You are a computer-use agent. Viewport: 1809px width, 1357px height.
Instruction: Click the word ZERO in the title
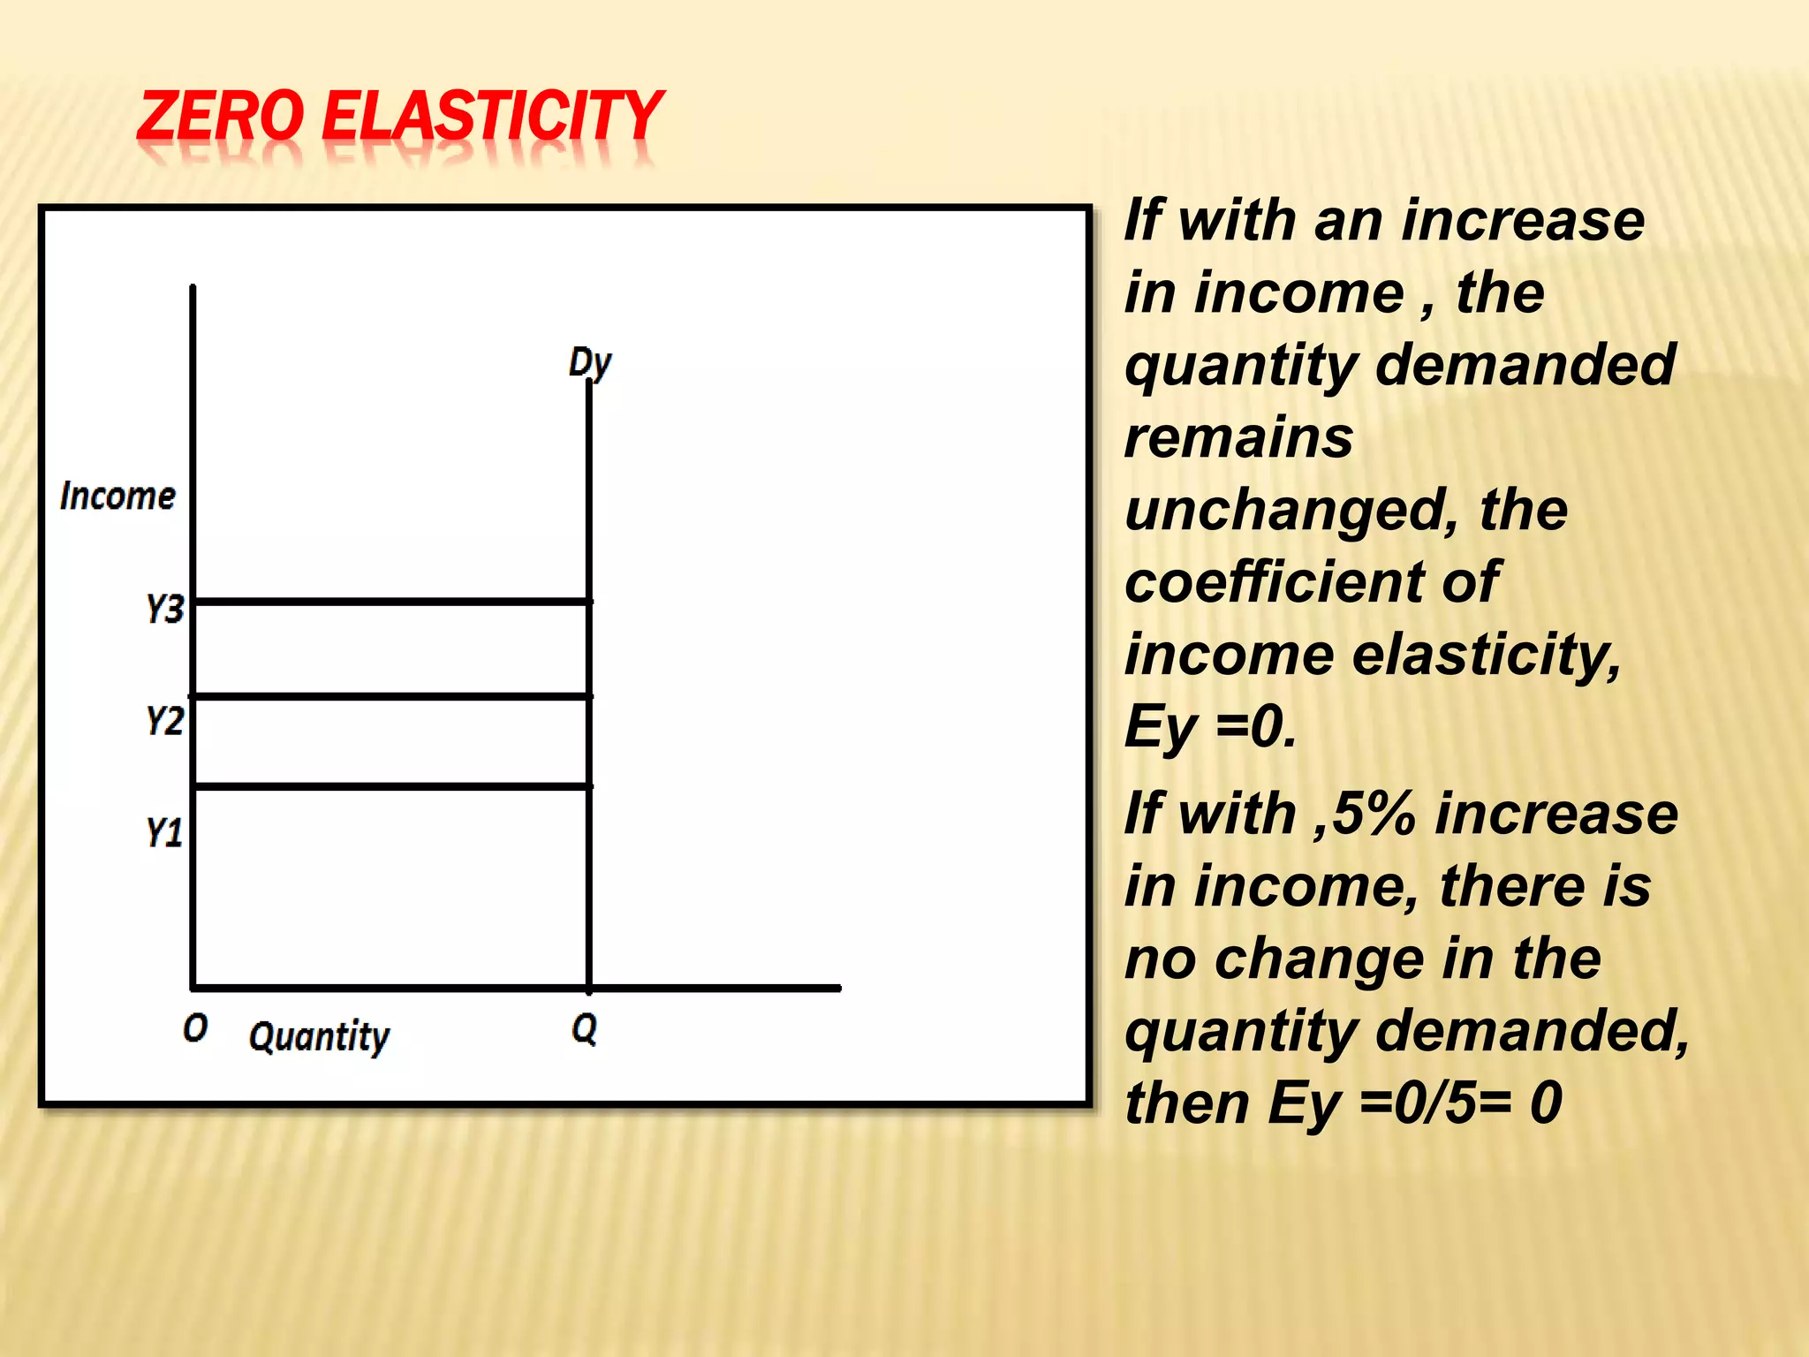(x=221, y=117)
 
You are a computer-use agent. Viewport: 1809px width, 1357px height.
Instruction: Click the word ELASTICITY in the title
(x=492, y=117)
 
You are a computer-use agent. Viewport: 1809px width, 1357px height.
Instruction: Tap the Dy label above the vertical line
(x=590, y=363)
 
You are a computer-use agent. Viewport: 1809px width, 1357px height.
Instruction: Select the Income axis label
(x=117, y=497)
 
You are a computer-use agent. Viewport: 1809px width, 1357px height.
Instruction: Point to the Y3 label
(x=164, y=609)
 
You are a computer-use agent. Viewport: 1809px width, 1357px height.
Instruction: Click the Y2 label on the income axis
(x=164, y=721)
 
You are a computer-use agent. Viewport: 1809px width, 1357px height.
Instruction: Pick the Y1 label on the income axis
(x=164, y=832)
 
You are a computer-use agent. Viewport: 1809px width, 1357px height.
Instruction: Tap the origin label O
(x=195, y=1027)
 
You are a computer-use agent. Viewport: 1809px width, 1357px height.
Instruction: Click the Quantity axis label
(x=319, y=1036)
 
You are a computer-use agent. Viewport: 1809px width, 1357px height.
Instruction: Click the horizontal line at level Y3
(x=392, y=602)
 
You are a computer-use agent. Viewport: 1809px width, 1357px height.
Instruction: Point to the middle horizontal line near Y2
(x=392, y=697)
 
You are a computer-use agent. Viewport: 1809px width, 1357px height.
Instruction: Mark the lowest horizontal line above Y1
(x=392, y=785)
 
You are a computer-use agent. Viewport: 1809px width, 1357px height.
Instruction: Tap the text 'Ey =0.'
(x=1210, y=728)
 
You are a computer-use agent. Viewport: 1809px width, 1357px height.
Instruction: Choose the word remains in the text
(x=1238, y=437)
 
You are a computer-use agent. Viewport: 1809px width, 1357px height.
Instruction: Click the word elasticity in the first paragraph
(x=1487, y=656)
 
